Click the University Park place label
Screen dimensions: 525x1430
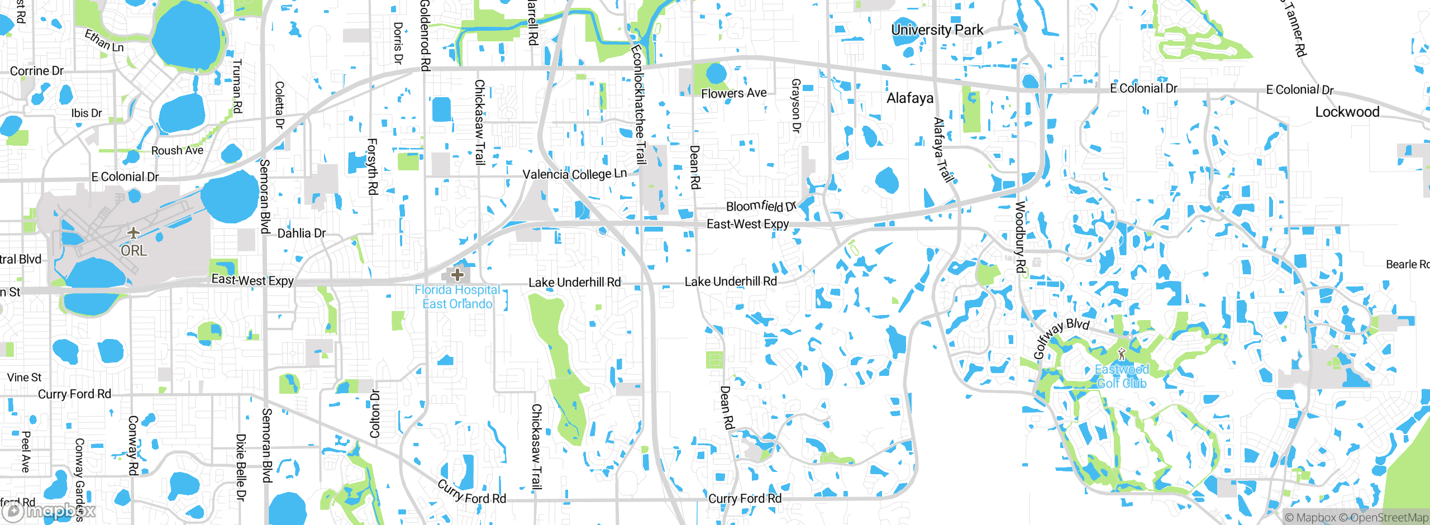tap(937, 30)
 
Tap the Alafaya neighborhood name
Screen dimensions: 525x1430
tap(910, 98)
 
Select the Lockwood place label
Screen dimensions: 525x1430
tap(1347, 112)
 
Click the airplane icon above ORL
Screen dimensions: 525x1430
tap(133, 232)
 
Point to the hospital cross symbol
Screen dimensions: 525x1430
tap(457, 274)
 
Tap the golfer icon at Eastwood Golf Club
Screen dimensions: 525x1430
tap(1122, 354)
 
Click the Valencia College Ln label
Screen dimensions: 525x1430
tap(574, 174)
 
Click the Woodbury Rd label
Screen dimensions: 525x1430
tap(1020, 237)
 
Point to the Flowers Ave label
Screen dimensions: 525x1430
tap(733, 93)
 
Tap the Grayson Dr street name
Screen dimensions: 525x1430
tap(796, 106)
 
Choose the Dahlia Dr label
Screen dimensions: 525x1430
tap(301, 233)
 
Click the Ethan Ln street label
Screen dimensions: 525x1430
tap(104, 41)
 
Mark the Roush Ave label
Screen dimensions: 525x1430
tap(177, 150)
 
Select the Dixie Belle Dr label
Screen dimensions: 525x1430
tap(241, 467)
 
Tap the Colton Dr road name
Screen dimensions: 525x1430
tap(375, 414)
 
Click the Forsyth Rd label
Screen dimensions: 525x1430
tap(372, 166)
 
